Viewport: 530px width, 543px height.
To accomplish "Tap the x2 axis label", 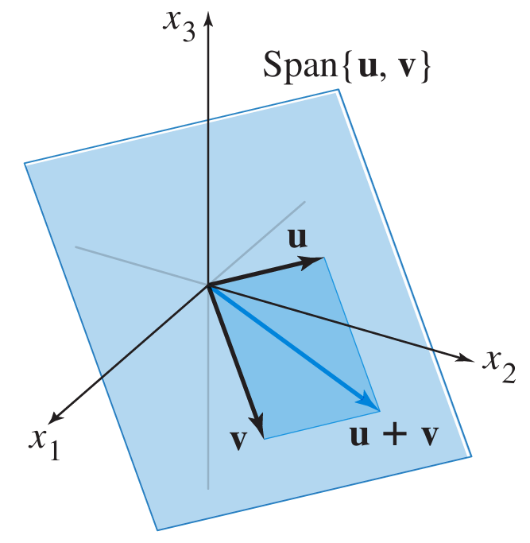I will point(498,365).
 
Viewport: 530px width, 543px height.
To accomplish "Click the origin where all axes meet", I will point(208,285).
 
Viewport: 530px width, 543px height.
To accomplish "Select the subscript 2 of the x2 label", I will point(508,373).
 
